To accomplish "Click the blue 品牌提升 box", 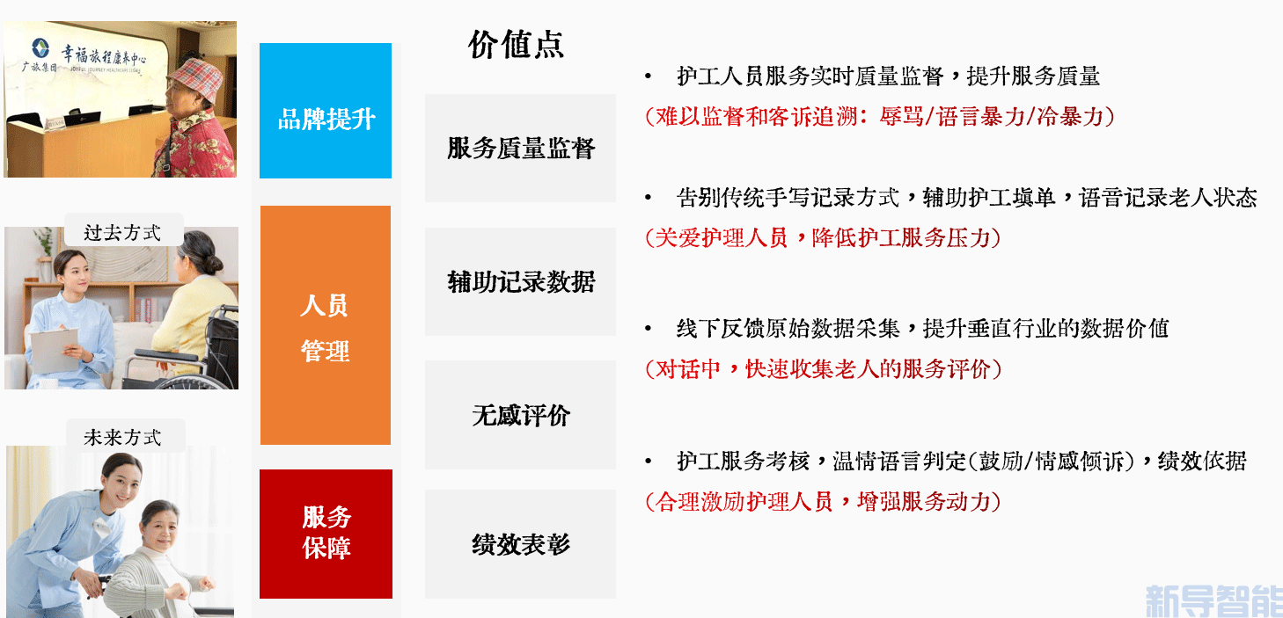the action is (x=326, y=111).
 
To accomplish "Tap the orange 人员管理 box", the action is (x=326, y=325).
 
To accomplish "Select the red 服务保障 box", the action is (x=326, y=534).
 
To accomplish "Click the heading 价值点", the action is (x=516, y=45).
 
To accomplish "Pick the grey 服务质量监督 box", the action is (x=520, y=148).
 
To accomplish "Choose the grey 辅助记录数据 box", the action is (x=520, y=281).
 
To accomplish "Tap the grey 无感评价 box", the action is (x=520, y=415).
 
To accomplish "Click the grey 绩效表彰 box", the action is (x=520, y=544).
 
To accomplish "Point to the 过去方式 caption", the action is (x=122, y=232).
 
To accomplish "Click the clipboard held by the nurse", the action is (x=55, y=350).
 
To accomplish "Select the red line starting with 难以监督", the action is (x=880, y=117).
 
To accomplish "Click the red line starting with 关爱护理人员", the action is (x=823, y=237).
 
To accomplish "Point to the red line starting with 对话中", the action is (x=823, y=369).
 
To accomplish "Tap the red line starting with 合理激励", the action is (x=823, y=502).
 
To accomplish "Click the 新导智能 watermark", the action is (x=1213, y=600).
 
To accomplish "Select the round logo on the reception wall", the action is (x=40, y=48).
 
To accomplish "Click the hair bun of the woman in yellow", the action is (x=213, y=263).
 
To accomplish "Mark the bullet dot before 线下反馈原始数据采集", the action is (x=648, y=329).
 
